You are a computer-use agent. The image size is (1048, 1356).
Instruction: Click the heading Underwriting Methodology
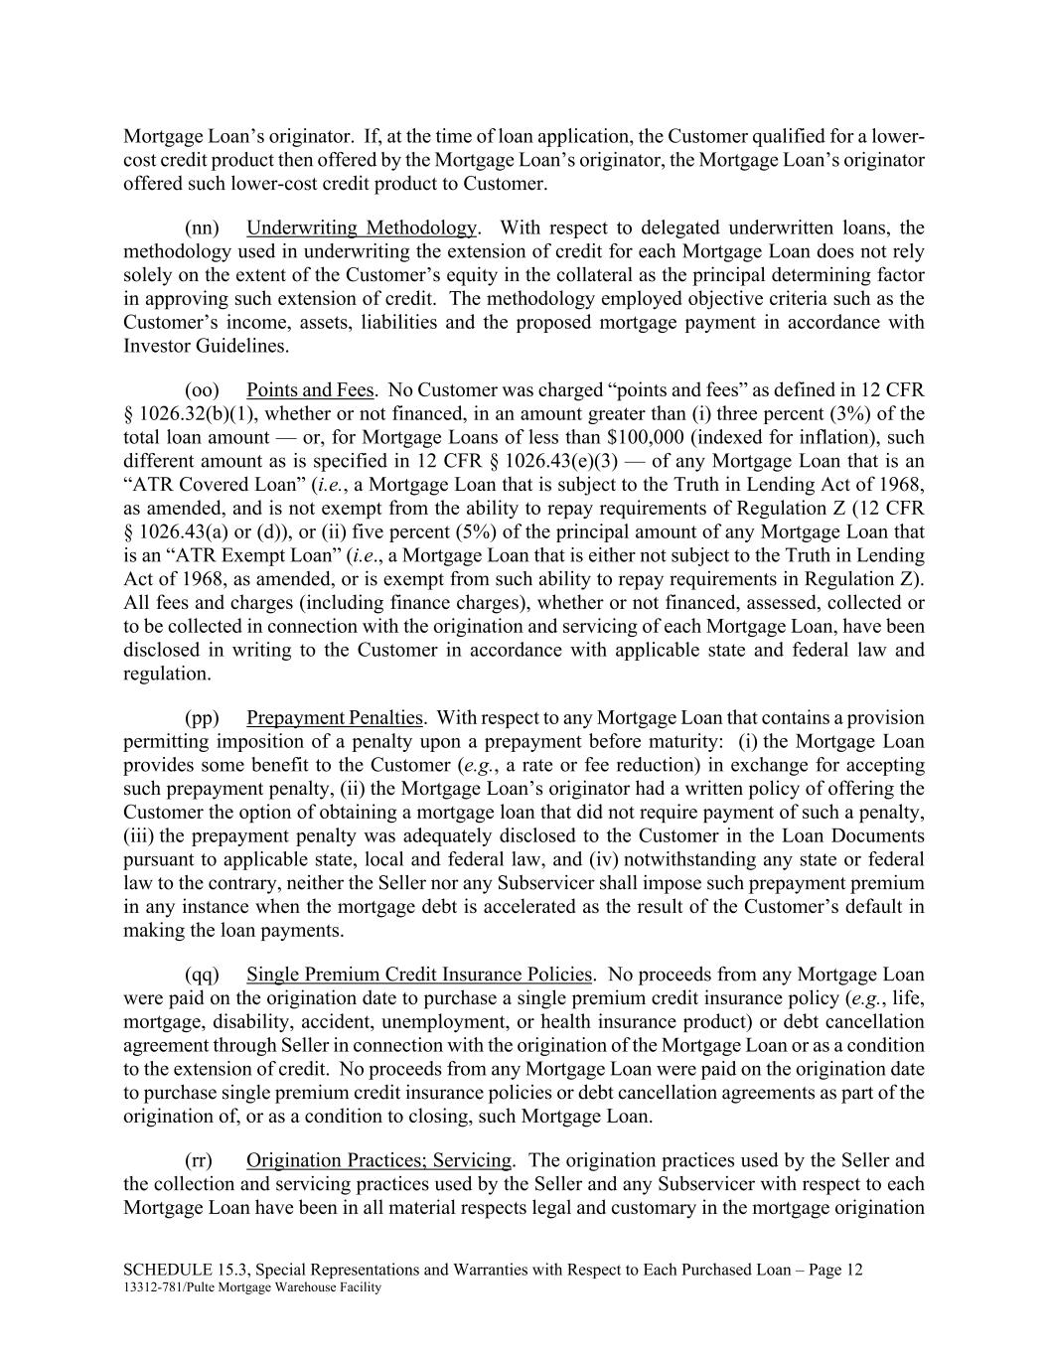361,227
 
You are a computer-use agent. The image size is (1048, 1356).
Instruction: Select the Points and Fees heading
310,389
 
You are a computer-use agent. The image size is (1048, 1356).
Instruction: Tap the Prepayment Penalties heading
335,717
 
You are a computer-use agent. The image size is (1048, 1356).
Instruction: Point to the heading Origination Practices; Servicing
378,1160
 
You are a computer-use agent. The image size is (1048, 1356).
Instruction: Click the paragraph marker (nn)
202,227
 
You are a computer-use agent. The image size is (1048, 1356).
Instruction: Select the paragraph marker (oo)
202,389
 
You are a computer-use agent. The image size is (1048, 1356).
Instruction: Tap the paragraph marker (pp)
202,717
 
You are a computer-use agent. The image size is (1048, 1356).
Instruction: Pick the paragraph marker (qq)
202,974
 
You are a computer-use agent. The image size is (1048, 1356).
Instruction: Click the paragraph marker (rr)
199,1160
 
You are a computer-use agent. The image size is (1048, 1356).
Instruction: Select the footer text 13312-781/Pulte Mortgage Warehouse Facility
252,1287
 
